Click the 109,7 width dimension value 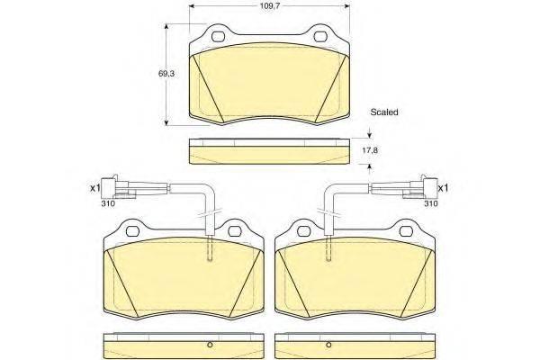269,5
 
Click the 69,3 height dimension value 166,74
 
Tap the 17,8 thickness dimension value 370,150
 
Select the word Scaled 384,112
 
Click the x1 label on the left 95,188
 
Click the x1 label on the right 443,188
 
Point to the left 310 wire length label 108,203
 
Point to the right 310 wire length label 431,203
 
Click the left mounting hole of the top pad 219,37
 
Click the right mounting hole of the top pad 321,37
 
